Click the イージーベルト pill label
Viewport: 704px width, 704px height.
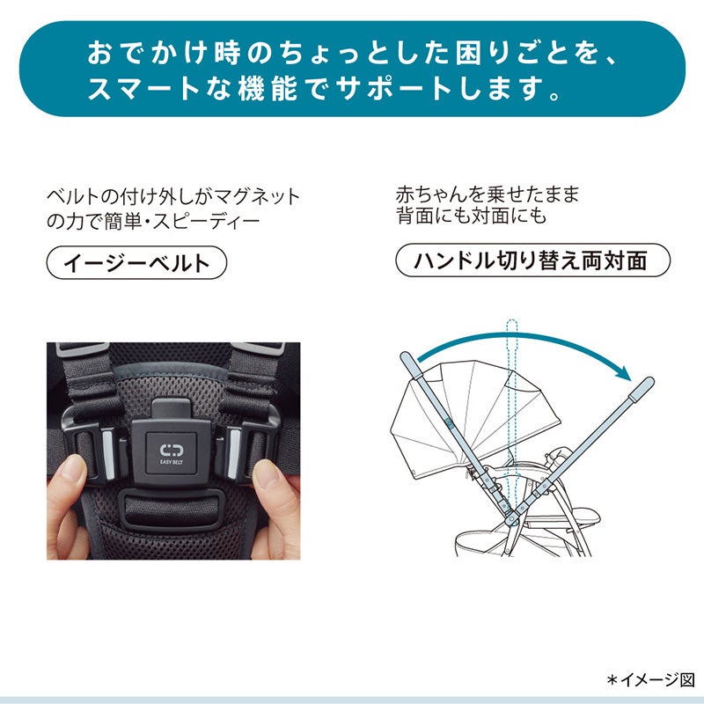(x=136, y=262)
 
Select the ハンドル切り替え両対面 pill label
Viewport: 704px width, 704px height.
(x=532, y=260)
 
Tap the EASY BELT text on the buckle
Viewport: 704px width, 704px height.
(x=172, y=461)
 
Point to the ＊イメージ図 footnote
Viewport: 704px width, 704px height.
(x=650, y=680)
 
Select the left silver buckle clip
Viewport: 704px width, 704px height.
(x=108, y=453)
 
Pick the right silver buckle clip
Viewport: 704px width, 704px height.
(x=233, y=452)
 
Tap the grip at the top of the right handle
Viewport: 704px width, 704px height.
(x=642, y=389)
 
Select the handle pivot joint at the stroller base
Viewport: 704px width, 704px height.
(x=511, y=520)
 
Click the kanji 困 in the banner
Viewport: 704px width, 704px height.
(x=471, y=54)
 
